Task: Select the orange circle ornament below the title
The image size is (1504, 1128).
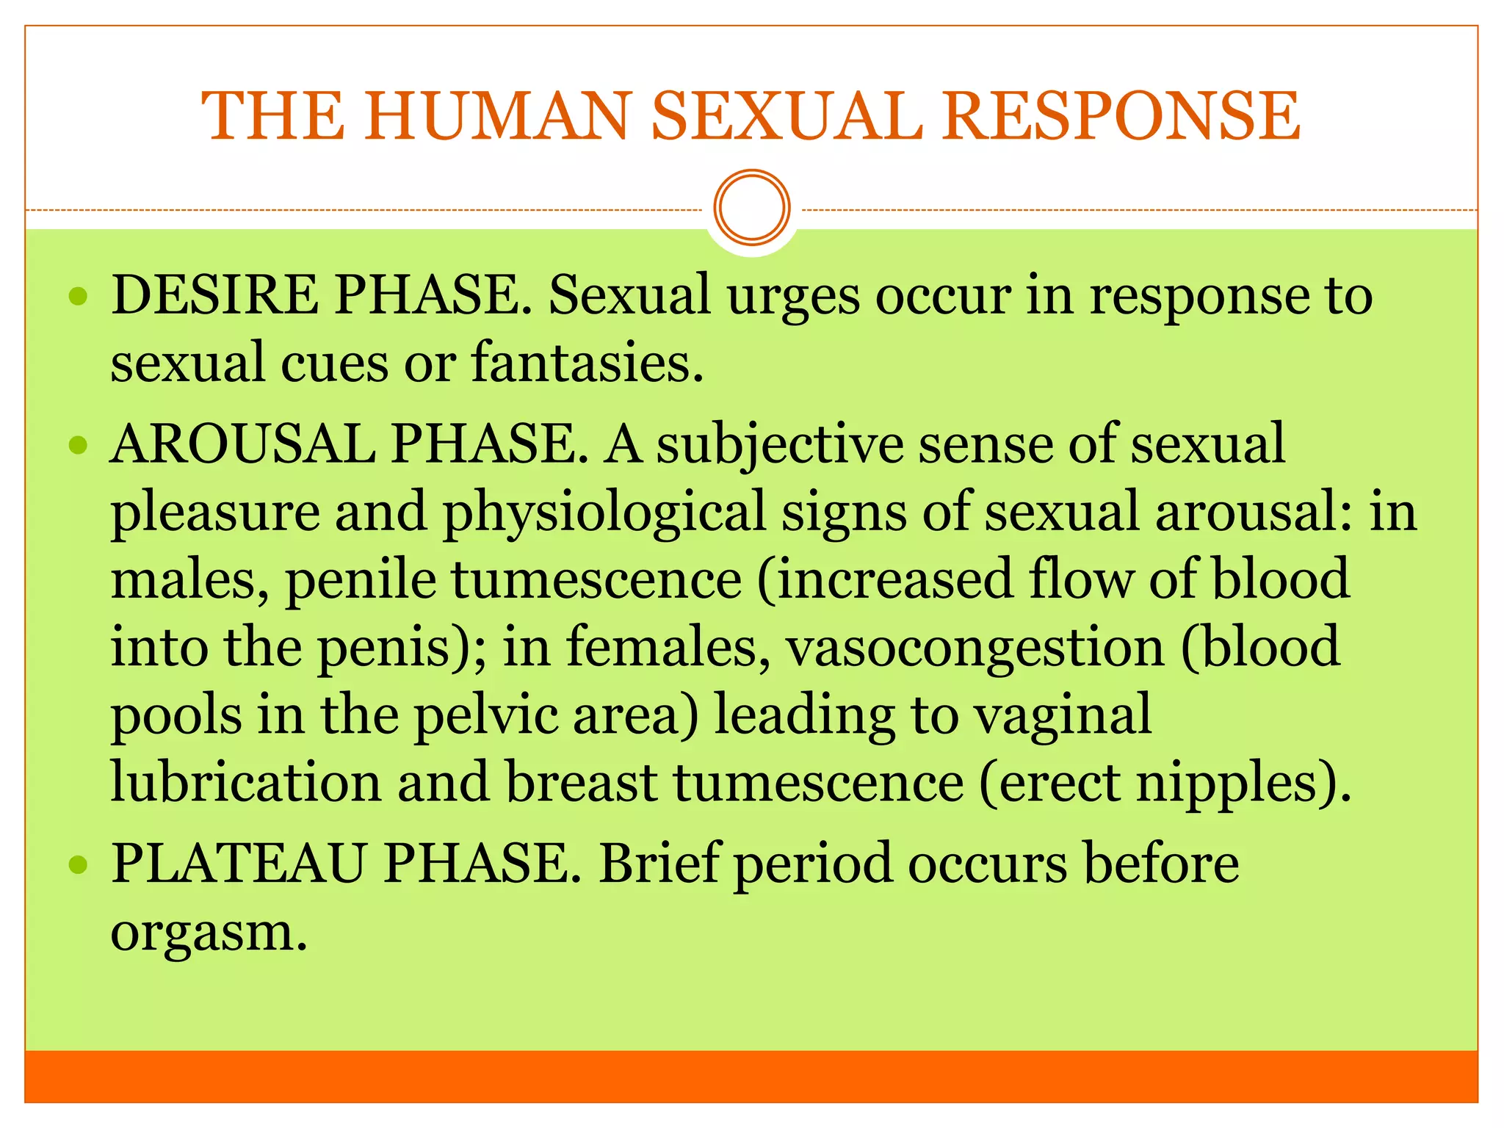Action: point(752,208)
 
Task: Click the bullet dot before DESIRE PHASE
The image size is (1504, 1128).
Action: point(78,297)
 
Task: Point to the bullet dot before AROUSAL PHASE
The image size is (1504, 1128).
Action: point(78,445)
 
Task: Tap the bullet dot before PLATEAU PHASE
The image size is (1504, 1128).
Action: point(78,864)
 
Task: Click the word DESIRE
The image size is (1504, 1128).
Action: point(214,295)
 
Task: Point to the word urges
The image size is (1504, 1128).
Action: point(793,297)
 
